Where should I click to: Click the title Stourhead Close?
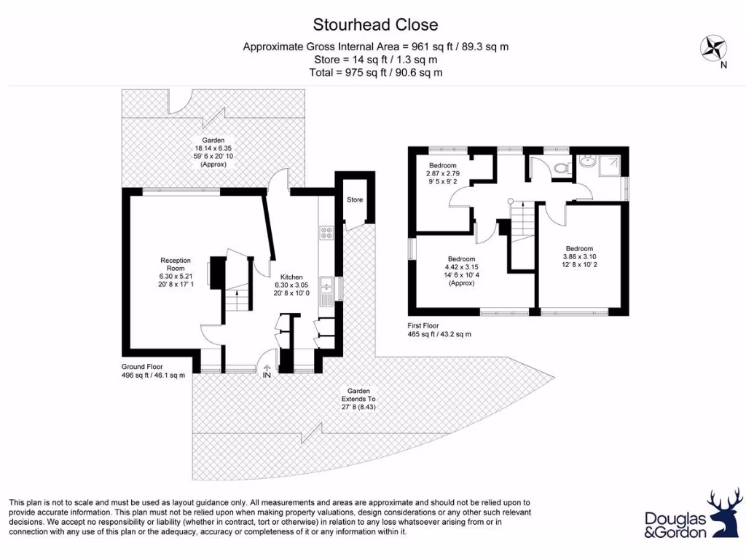tap(375, 25)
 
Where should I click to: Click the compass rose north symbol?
tap(714, 50)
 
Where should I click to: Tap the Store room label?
tap(355, 199)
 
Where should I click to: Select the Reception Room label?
tap(176, 272)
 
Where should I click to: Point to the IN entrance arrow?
tap(267, 372)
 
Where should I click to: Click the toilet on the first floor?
tap(561, 169)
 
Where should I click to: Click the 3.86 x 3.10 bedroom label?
tap(579, 256)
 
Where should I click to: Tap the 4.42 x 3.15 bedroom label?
tap(461, 271)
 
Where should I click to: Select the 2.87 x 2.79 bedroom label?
tap(443, 173)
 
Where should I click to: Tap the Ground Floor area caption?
tap(154, 371)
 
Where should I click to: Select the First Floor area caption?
tap(439, 330)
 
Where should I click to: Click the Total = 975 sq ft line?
tap(375, 72)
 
